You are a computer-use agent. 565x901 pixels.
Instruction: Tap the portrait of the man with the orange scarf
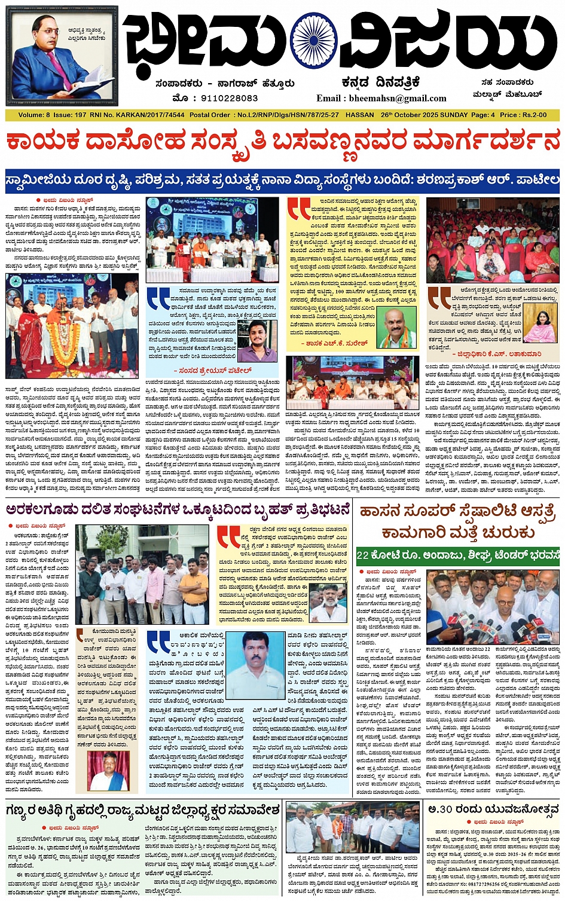coord(398,328)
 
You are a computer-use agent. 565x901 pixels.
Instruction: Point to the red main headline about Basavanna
coord(283,142)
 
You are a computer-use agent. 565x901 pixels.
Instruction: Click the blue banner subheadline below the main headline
coord(283,179)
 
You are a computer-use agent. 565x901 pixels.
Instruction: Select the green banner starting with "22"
coord(457,555)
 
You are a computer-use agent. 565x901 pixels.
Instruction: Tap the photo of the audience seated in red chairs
coord(493,239)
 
